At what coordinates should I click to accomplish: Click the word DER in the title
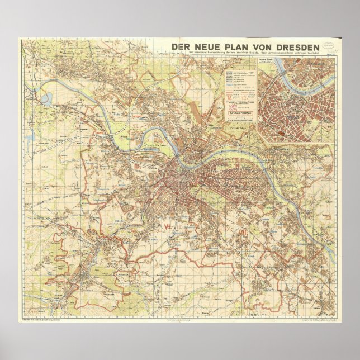click(181, 46)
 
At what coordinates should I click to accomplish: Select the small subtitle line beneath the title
click(249, 55)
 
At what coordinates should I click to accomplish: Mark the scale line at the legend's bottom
click(240, 119)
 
